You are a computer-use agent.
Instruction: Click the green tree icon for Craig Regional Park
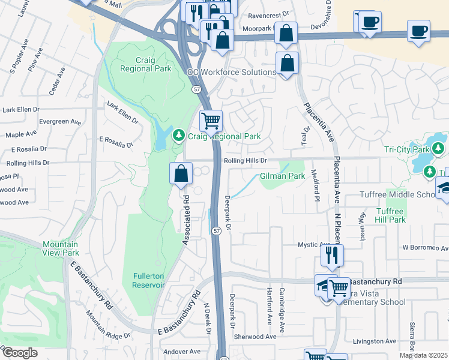coord(178,136)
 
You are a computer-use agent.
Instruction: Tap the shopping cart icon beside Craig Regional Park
coord(211,121)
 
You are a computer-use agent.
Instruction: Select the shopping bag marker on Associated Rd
coord(181,174)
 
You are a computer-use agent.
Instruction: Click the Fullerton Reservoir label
coord(148,280)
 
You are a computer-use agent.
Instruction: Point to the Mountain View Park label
coord(60,248)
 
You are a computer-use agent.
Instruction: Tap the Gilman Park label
coord(283,176)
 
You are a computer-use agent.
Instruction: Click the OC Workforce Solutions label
coord(232,71)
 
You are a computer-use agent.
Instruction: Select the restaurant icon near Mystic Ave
coord(331,256)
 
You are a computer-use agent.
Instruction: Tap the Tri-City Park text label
coord(407,149)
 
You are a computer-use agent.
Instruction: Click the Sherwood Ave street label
coord(255,337)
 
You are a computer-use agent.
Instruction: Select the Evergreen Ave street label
coord(59,121)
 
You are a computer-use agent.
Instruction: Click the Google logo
coord(19,353)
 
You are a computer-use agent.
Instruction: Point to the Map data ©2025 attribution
coord(423,355)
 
